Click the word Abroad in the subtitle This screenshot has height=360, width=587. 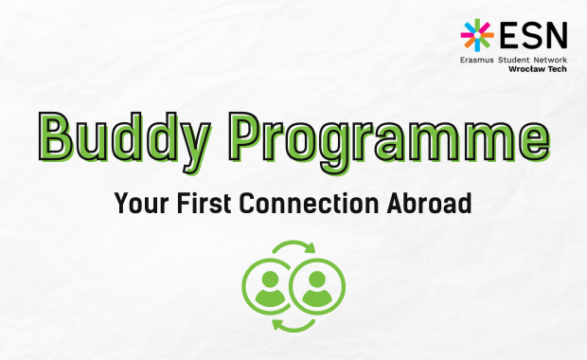tap(436, 203)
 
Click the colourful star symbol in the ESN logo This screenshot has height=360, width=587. tap(477, 34)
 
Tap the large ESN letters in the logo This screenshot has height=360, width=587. tap(534, 34)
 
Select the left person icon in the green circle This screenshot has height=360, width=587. tap(269, 285)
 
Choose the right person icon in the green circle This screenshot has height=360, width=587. tap(317, 285)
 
